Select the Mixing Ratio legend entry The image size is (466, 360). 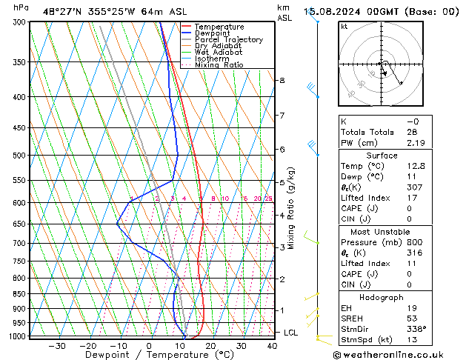219,65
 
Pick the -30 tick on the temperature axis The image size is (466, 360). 57,346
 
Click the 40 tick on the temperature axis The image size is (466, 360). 273,346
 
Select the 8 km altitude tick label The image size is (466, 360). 282,80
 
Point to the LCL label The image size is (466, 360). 291,333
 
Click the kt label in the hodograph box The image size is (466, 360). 344,27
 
